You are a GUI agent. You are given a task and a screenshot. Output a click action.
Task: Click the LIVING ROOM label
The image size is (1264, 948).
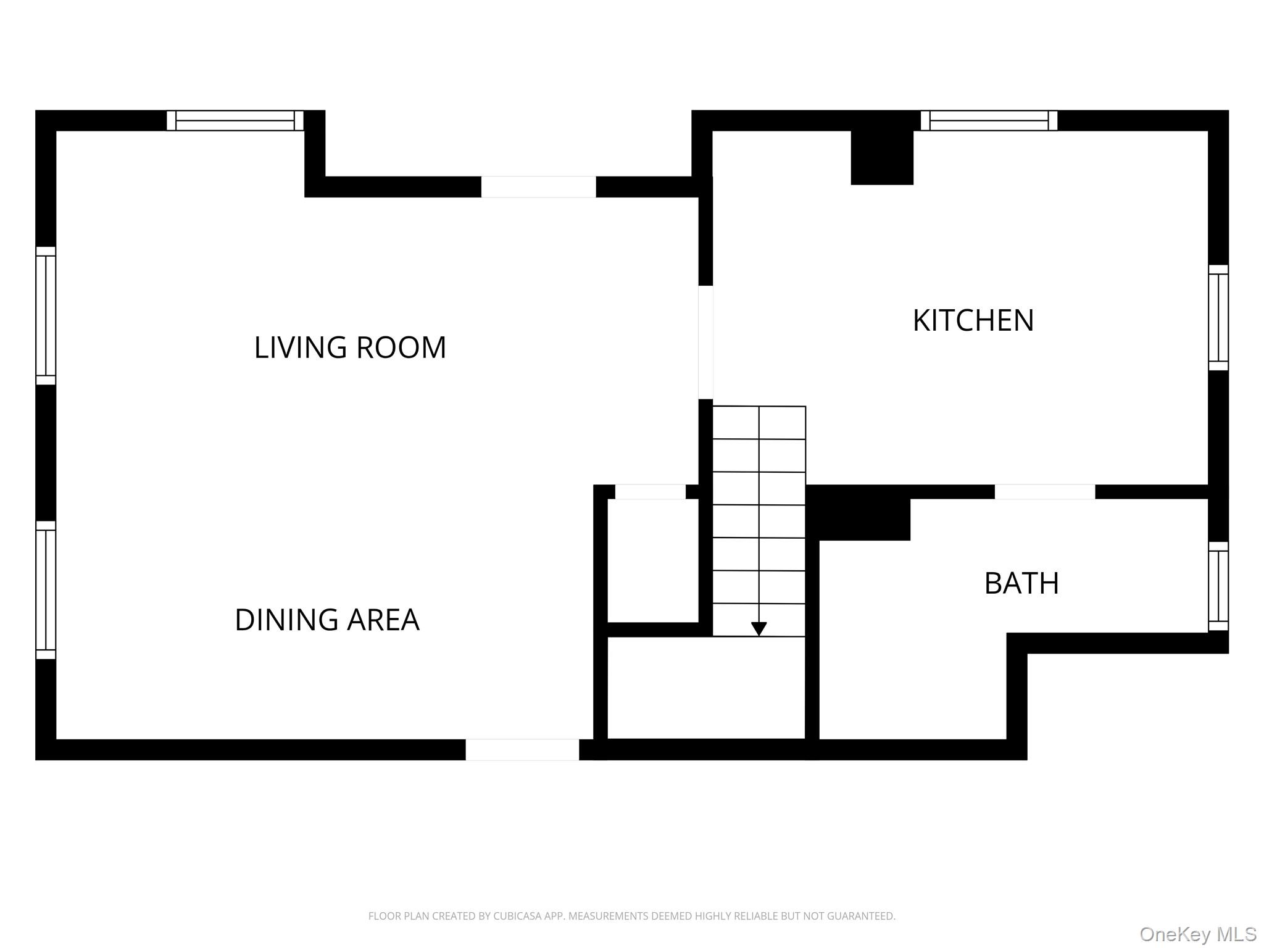pyautogui.click(x=350, y=347)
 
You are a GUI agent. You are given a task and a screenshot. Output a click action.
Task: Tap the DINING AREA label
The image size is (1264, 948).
pyautogui.click(x=327, y=620)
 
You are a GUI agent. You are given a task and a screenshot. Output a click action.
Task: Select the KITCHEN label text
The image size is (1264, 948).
pyautogui.click(x=973, y=320)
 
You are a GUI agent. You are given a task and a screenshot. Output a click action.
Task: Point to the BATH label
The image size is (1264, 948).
pyautogui.click(x=1021, y=583)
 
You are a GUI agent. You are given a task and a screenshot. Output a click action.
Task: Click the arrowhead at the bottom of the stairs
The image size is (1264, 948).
pyautogui.click(x=759, y=628)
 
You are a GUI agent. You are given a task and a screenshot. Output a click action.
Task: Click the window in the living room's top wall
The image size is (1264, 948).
pyautogui.click(x=235, y=120)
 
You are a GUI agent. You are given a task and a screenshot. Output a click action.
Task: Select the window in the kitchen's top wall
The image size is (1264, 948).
pyautogui.click(x=989, y=120)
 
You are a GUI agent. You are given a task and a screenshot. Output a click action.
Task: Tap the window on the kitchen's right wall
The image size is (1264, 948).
pyautogui.click(x=1218, y=317)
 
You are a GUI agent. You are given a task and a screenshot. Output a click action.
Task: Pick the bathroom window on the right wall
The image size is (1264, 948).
pyautogui.click(x=1218, y=586)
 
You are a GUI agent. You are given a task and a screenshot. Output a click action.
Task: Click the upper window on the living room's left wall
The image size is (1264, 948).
pyautogui.click(x=46, y=315)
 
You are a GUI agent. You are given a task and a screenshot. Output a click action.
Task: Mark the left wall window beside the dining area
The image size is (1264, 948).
pyautogui.click(x=46, y=589)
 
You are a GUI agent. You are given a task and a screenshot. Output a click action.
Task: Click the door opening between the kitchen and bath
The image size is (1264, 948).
pyautogui.click(x=1044, y=492)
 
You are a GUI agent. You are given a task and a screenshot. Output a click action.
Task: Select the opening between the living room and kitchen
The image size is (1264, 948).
pyautogui.click(x=705, y=342)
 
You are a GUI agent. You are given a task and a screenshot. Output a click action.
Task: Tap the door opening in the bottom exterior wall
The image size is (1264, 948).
pyautogui.click(x=522, y=749)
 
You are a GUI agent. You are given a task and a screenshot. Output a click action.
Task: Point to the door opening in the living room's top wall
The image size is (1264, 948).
pyautogui.click(x=538, y=187)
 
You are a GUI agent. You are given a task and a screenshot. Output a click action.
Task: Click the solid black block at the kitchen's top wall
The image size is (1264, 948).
pyautogui.click(x=882, y=157)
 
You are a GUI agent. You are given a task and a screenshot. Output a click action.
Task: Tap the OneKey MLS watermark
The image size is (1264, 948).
pyautogui.click(x=1197, y=934)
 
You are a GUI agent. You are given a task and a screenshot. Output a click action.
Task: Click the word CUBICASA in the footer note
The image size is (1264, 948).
pyautogui.click(x=517, y=916)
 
